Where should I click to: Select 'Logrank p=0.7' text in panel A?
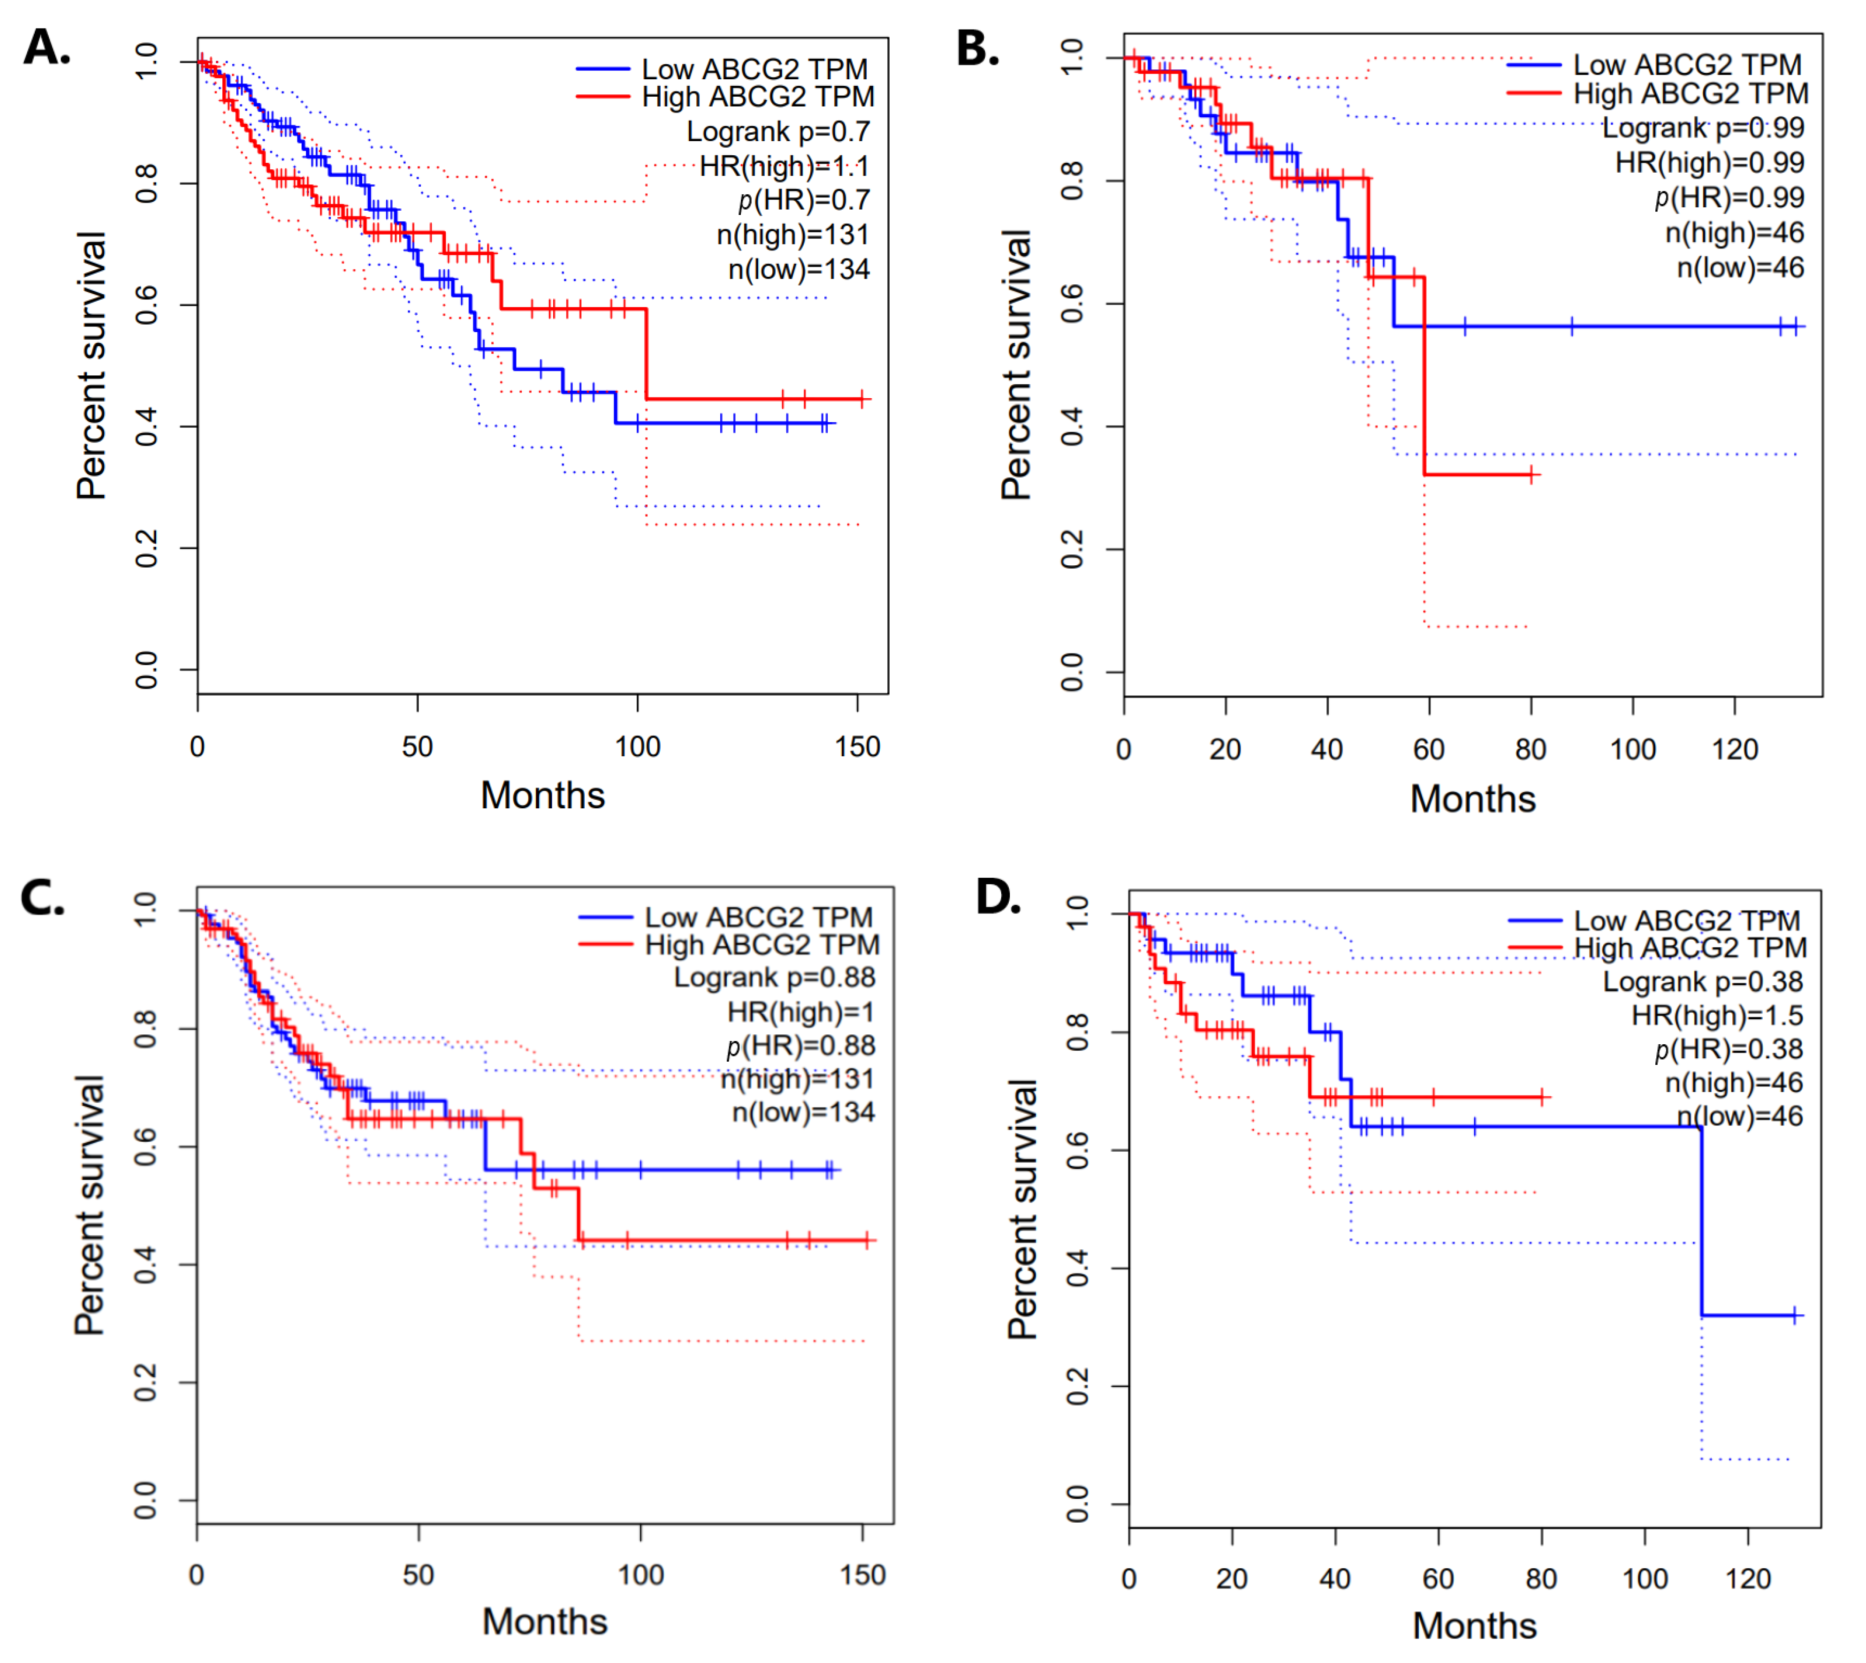tap(777, 131)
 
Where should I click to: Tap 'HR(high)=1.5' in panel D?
tap(1717, 1015)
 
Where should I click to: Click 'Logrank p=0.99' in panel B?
tap(1703, 128)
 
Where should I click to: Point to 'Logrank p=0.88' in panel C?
tap(774, 978)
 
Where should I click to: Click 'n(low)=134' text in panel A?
tap(799, 270)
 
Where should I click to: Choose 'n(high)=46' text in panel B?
tap(1734, 233)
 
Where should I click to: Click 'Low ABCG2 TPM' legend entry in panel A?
tap(754, 69)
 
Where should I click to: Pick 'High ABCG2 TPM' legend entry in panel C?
tap(761, 945)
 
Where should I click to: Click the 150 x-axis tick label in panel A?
tap(857, 747)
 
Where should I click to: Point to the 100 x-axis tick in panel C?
tap(640, 1574)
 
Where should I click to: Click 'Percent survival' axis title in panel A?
tap(91, 365)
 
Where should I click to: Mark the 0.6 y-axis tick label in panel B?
tap(1072, 304)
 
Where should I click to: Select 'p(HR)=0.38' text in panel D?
tap(1728, 1049)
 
